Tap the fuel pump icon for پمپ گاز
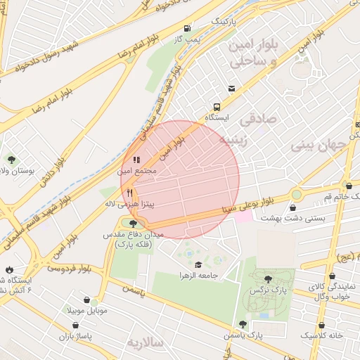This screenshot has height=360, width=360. pos(186,29)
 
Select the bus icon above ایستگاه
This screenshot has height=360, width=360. pos(216,108)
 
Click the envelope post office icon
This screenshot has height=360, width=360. pos(231,89)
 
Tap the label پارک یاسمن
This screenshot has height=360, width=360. pos(243,335)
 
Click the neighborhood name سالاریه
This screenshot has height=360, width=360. pos(145,342)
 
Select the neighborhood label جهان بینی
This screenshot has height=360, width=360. pos(324,146)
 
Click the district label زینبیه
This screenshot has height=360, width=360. pos(234,139)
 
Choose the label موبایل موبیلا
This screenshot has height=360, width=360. pos(87,310)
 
